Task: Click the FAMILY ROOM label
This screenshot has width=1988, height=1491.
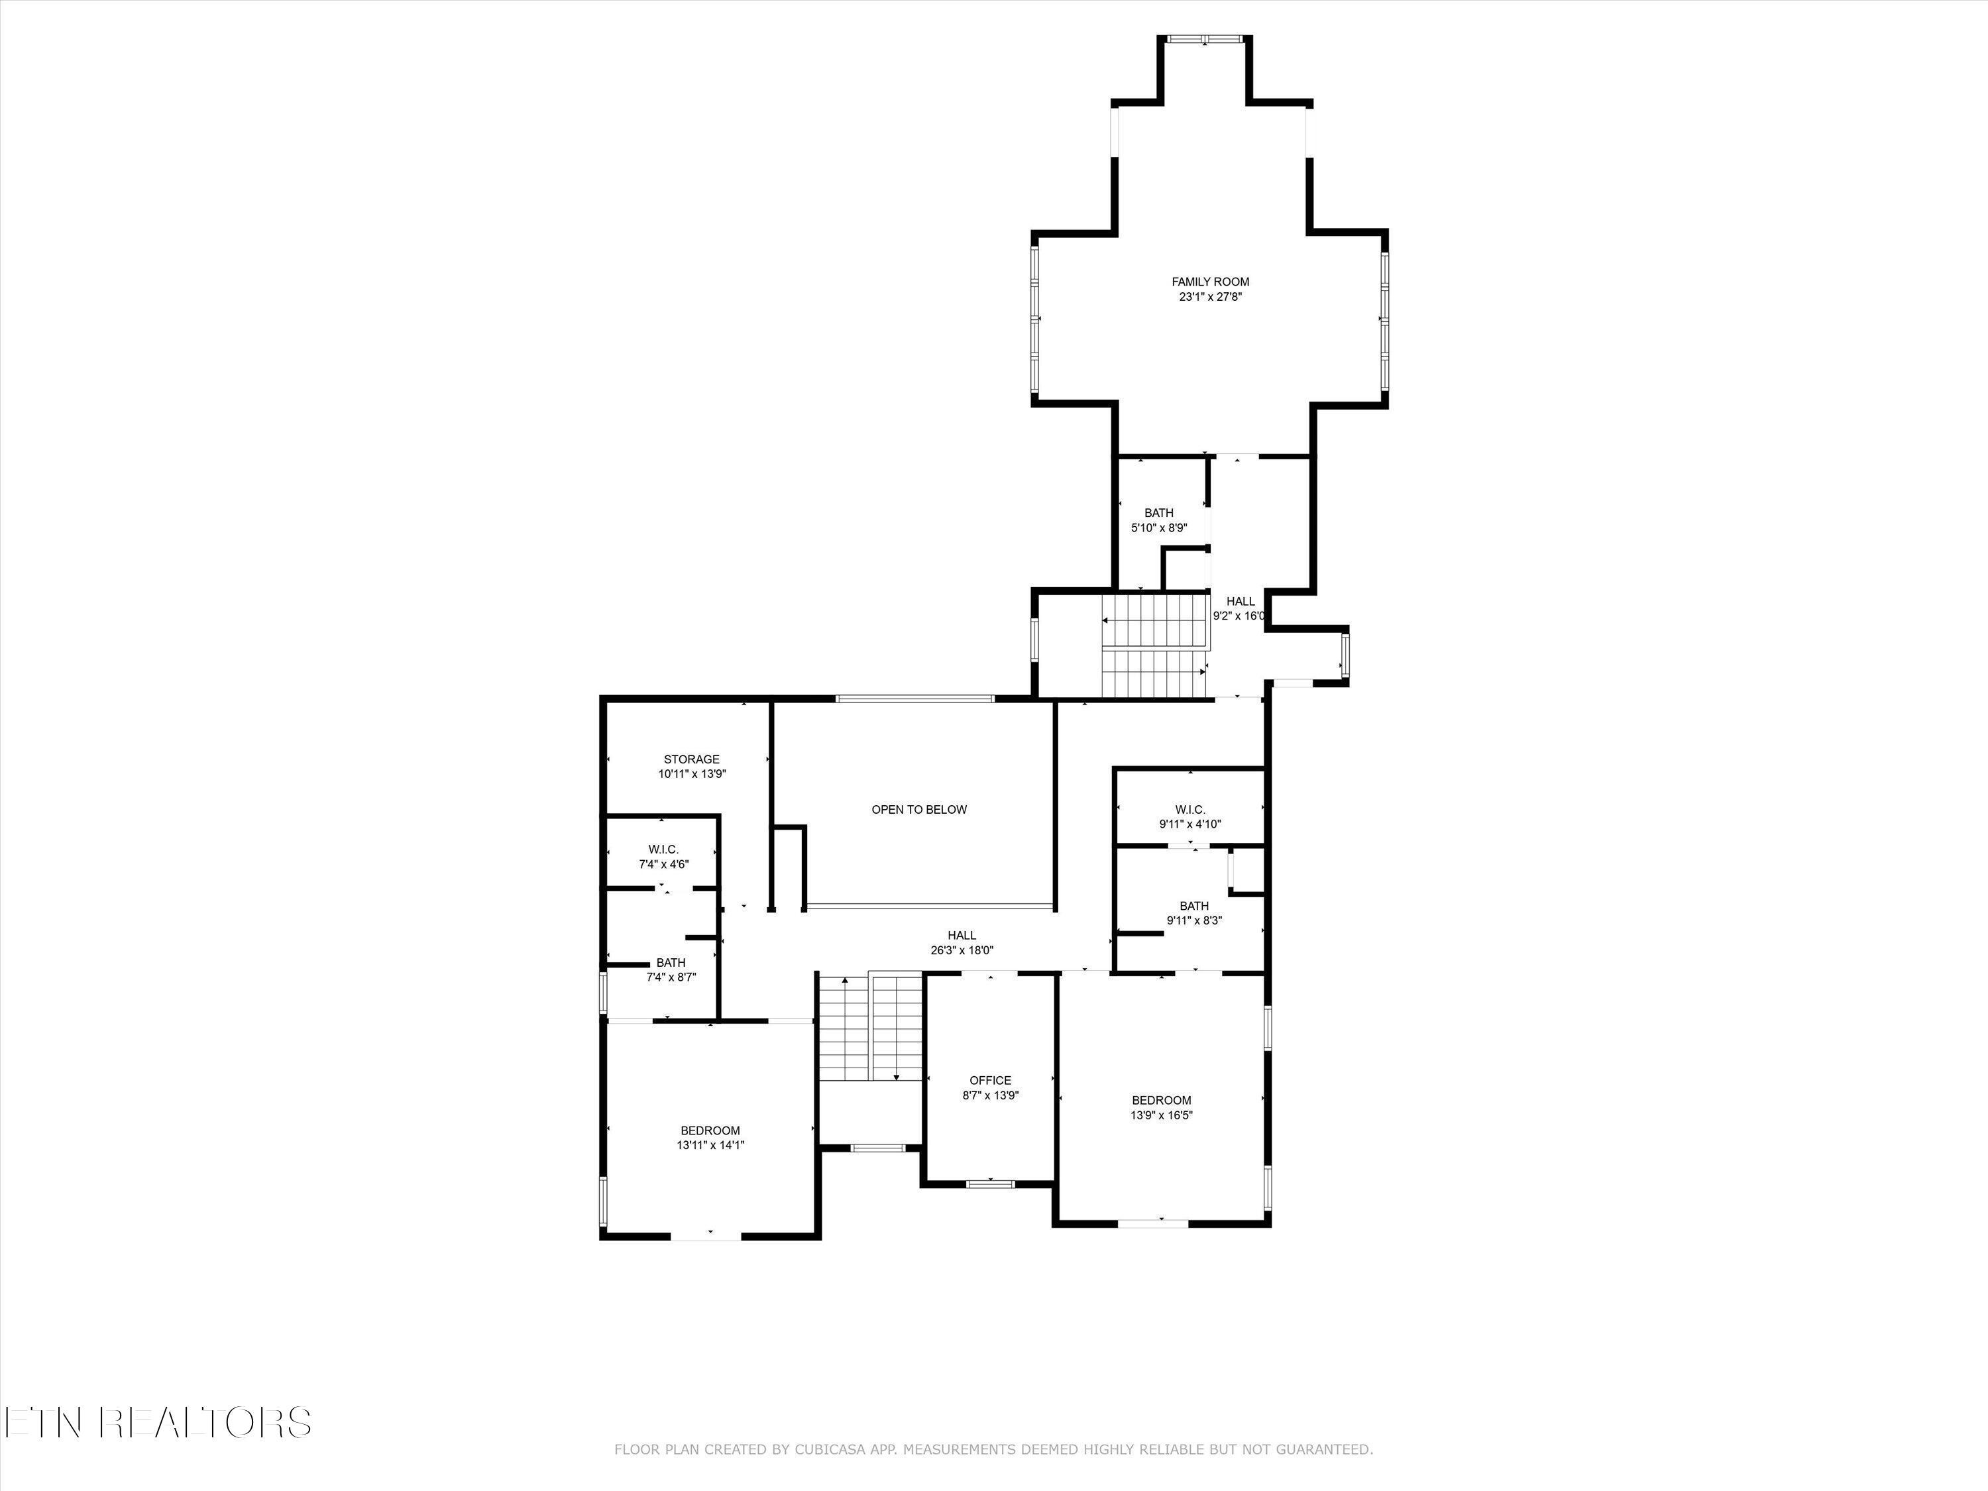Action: (1209, 282)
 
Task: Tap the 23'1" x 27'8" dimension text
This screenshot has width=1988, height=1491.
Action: (1209, 297)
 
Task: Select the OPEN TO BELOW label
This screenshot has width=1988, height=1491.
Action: (918, 810)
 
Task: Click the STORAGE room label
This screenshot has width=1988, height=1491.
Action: (691, 759)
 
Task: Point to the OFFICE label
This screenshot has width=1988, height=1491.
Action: (989, 1080)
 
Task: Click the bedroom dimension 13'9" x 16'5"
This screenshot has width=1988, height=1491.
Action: (1161, 1115)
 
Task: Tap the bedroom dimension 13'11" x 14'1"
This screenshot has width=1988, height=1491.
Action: (710, 1146)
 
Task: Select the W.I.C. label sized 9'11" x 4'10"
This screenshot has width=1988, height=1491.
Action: (1189, 810)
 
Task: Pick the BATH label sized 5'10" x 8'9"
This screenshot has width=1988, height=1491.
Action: (1158, 513)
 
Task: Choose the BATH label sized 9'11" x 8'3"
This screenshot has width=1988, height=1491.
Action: (1193, 906)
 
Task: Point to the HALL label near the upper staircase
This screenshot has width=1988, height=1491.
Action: (1241, 601)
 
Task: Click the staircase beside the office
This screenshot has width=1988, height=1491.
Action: (870, 1029)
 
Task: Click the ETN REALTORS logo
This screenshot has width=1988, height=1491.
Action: (157, 1423)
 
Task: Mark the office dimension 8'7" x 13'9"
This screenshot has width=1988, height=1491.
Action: (989, 1095)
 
